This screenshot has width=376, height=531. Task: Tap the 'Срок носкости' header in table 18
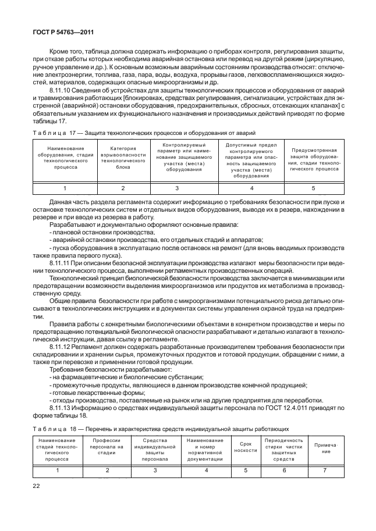[245, 447]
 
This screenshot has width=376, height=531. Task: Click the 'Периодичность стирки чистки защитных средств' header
[283, 450]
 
